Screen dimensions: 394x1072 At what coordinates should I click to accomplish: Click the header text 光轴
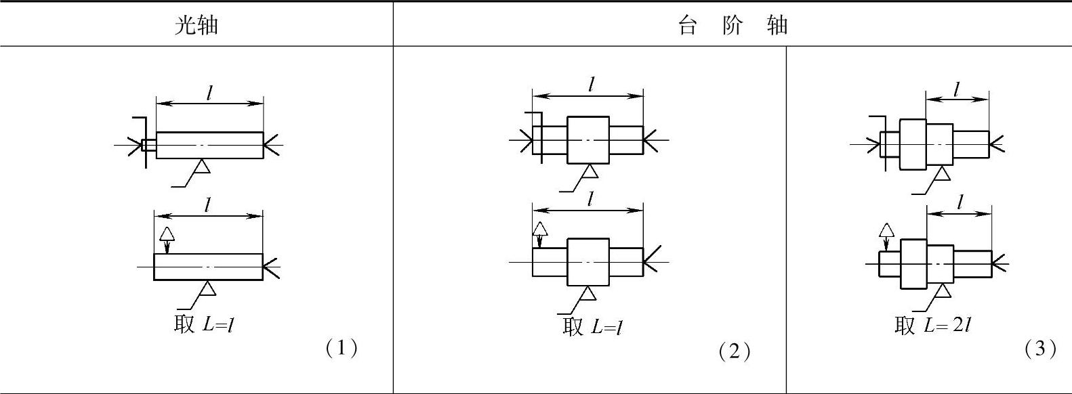tap(196, 25)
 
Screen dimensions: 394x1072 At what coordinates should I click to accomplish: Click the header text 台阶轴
tap(733, 25)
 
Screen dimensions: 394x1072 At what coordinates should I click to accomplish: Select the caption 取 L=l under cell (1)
tap(204, 324)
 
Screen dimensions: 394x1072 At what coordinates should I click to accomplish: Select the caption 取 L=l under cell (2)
tap(592, 326)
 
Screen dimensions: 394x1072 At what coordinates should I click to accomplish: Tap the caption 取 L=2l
tap(932, 325)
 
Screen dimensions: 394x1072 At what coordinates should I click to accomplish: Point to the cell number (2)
tap(734, 351)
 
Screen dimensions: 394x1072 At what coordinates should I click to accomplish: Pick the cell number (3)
tap(1040, 348)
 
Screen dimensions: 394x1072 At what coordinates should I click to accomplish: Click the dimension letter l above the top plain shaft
tap(210, 93)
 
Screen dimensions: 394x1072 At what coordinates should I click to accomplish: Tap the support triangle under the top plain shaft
tap(201, 166)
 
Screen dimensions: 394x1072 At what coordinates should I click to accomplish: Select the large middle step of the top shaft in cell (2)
tap(587, 139)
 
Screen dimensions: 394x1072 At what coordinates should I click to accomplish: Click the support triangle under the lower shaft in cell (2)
tap(587, 292)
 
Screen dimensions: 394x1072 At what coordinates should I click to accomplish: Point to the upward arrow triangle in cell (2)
tap(539, 228)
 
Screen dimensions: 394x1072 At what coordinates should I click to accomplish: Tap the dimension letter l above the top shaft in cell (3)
tap(957, 89)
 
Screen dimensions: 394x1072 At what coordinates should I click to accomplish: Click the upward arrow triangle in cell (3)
tap(886, 231)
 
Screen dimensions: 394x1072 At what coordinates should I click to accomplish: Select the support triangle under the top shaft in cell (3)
tap(942, 174)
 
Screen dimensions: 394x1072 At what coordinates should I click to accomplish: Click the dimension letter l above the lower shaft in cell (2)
tap(591, 199)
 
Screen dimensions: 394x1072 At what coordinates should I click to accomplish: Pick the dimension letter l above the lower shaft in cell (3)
tap(960, 202)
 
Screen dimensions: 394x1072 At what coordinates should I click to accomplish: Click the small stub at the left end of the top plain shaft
tap(149, 145)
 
